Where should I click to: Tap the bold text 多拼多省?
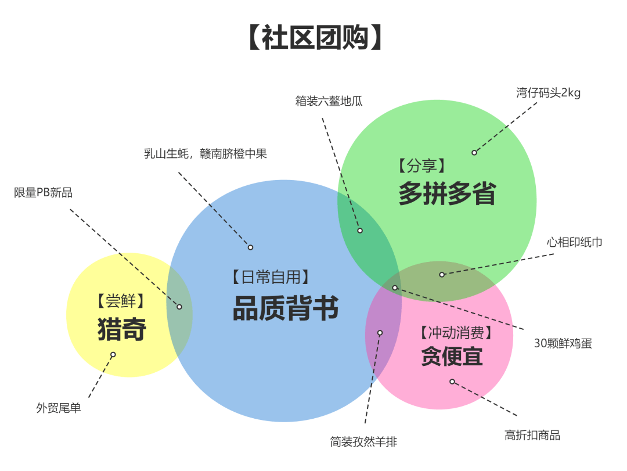447,193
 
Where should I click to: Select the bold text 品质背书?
286,308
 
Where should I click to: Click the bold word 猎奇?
122,329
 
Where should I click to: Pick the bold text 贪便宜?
452,356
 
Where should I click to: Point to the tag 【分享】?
422,166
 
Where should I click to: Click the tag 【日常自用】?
270,277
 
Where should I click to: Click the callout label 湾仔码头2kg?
548,93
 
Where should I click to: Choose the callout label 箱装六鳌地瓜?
329,100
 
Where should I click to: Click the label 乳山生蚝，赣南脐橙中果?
206,154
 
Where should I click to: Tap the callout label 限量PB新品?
44,193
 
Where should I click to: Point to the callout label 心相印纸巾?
574,242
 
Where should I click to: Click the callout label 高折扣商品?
532,435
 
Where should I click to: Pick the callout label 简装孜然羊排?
363,441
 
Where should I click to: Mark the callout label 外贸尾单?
59,408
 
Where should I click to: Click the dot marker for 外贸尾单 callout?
113,354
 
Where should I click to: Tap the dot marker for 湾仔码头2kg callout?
474,152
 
